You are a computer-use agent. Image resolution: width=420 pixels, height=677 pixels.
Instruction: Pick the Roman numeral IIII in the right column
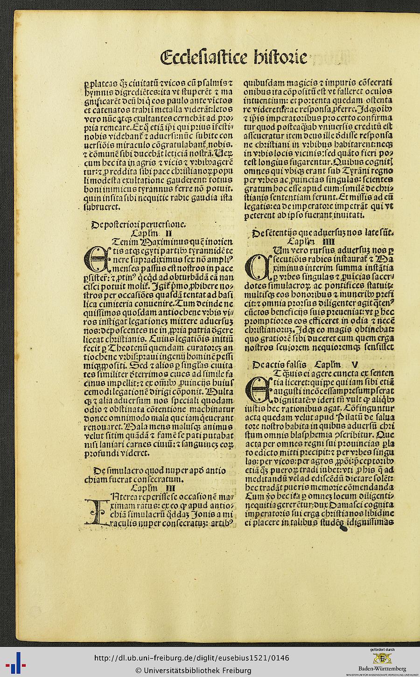(329, 241)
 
